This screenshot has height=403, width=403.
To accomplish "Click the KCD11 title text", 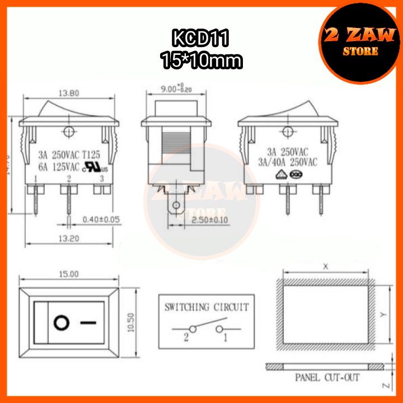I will coord(201,40).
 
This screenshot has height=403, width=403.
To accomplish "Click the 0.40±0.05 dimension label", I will coord(102,219).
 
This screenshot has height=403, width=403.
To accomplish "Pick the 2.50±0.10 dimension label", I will coord(209,219).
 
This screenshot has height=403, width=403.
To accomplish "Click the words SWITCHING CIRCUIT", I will coord(206,307).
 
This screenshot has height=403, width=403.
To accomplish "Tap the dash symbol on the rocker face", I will coord(88,323).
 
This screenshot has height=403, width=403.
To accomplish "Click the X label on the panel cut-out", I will coord(325,267).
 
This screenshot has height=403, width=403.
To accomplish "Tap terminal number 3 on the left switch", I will coord(101,179).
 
